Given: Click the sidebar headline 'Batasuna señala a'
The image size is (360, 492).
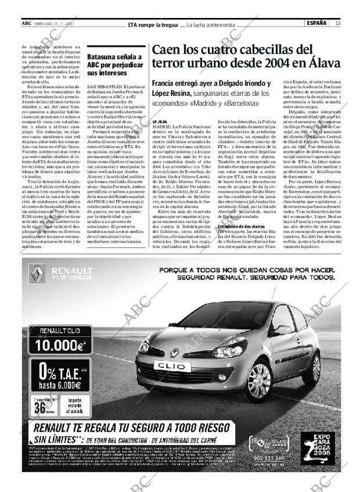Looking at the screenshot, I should tap(114, 57).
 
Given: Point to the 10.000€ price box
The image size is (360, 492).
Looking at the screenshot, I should tap(57, 339).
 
